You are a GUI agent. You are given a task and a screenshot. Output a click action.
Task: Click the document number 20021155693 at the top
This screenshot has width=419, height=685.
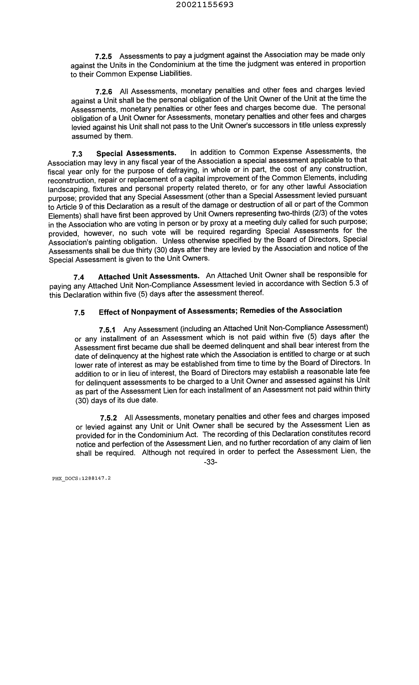click(205, 5)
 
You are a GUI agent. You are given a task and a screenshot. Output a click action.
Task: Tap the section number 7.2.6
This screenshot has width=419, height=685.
click(104, 92)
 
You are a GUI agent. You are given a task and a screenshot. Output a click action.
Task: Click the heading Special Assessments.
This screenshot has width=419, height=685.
click(136, 153)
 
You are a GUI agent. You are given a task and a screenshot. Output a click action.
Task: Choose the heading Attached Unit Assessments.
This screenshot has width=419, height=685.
click(149, 276)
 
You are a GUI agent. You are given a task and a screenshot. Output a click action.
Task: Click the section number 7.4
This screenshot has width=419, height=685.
click(79, 277)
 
